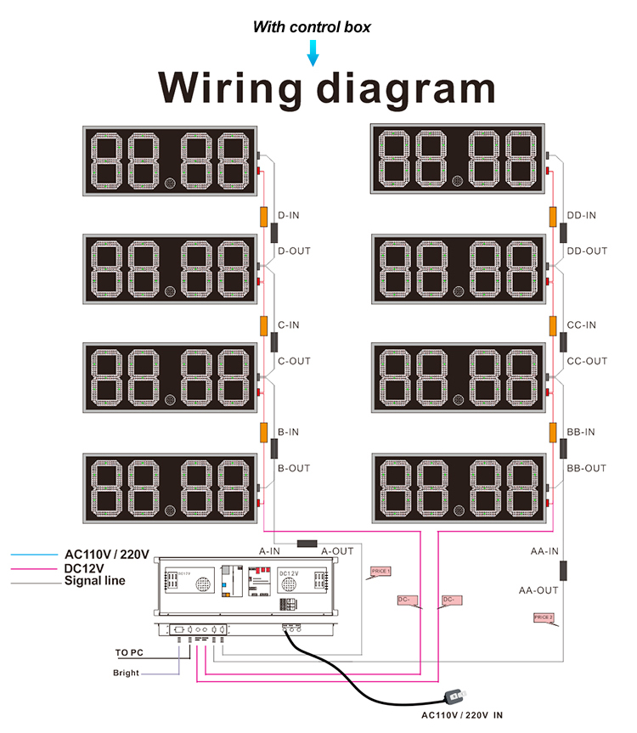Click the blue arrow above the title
point(313,55)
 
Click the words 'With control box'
point(312,27)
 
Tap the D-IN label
point(289,215)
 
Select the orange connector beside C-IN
point(264,324)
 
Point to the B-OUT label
point(294,468)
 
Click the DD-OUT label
point(587,251)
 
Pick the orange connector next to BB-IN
point(552,431)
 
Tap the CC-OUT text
point(587,361)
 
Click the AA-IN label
point(544,550)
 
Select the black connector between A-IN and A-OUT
point(306,543)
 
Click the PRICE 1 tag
point(380,572)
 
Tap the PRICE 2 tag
point(544,617)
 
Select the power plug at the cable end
point(455,696)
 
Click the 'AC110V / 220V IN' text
point(468,715)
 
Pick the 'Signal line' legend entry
point(95,581)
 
